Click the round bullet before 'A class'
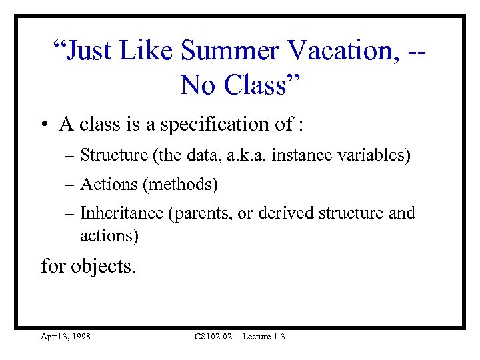pos(45,125)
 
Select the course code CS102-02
pos(213,337)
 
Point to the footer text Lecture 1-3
pos(264,337)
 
